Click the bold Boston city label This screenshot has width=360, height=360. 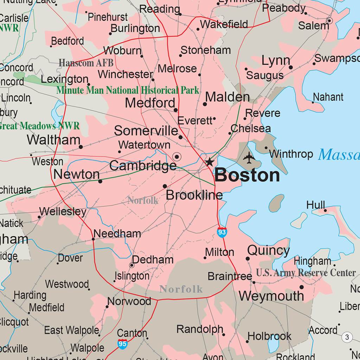click(247, 175)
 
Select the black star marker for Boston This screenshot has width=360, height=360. click(210, 162)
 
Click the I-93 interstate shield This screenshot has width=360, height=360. click(222, 232)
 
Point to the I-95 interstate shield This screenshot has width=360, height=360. click(122, 344)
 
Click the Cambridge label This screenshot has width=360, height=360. click(143, 166)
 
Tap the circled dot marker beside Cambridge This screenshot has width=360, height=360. click(177, 157)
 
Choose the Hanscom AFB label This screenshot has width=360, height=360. click(86, 63)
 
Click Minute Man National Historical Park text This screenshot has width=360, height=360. click(128, 90)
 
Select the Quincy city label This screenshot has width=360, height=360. click(268, 251)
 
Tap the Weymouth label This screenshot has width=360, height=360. click(271, 296)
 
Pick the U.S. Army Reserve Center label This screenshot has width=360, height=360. click(306, 273)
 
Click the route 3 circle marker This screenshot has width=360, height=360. click(347, 337)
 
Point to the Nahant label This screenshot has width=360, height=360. click(328, 97)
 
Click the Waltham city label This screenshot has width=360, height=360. click(53, 140)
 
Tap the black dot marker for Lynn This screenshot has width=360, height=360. click(291, 67)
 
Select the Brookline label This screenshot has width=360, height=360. click(194, 195)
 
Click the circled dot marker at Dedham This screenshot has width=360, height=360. click(132, 265)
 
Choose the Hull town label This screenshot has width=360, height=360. click(315, 205)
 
